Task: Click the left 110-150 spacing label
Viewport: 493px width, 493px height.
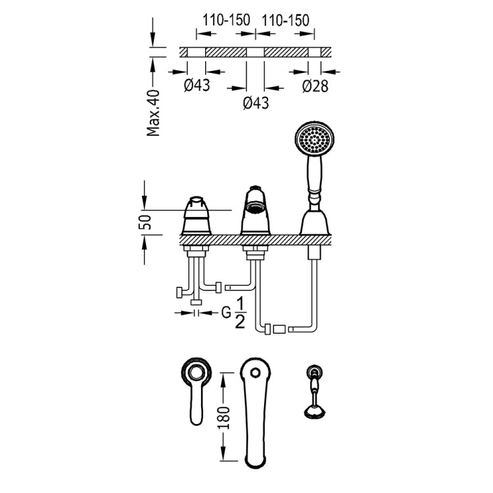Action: point(226,20)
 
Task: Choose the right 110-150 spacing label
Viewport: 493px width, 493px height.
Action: point(285,20)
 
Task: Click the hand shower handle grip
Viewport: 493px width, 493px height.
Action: point(313,179)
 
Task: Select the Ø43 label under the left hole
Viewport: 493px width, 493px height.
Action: point(197,85)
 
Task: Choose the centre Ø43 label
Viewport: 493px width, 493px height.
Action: point(256,103)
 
